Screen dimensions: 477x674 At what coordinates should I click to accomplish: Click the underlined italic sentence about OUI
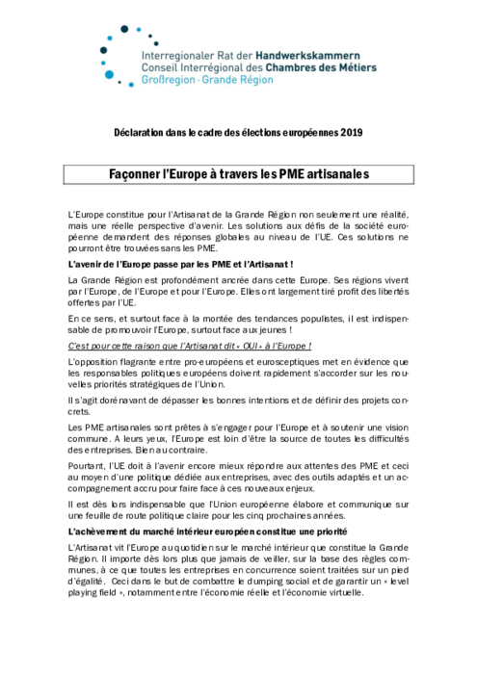(190, 344)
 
